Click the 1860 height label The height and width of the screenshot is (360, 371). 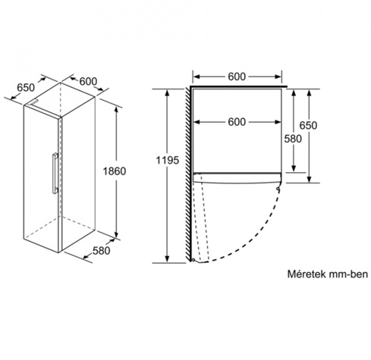tap(115, 171)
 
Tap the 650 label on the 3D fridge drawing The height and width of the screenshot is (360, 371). tap(26, 88)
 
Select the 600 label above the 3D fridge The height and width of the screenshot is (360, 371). tap(88, 81)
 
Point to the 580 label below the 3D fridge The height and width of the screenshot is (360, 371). tap(101, 251)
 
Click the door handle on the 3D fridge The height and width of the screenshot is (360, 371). tap(55, 174)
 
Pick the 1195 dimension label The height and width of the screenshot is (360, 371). tap(168, 160)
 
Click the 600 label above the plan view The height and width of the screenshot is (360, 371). tap(237, 77)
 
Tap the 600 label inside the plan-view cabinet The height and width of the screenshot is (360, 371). tap(237, 122)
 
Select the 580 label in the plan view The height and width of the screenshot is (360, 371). tap(293, 139)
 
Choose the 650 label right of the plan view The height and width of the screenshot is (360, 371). tap(308, 125)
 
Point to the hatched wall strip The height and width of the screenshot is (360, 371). tap(187, 174)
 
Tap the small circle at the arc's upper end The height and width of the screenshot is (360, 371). tap(278, 189)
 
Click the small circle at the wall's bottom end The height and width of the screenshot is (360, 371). tap(193, 260)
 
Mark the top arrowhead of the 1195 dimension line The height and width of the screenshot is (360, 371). tap(167, 92)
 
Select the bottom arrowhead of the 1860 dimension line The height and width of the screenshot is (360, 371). tap(116, 234)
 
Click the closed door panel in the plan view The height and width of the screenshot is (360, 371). tap(237, 178)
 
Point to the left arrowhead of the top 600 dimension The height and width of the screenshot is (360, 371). tap(197, 77)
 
